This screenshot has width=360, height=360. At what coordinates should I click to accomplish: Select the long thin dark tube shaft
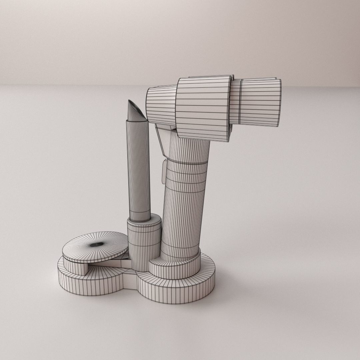(x=138, y=173)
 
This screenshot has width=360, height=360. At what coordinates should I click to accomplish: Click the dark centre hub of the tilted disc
(x=97, y=245)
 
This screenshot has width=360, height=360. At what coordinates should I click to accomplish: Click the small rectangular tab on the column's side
(x=164, y=172)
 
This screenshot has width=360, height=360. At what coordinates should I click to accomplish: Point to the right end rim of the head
(x=279, y=103)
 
